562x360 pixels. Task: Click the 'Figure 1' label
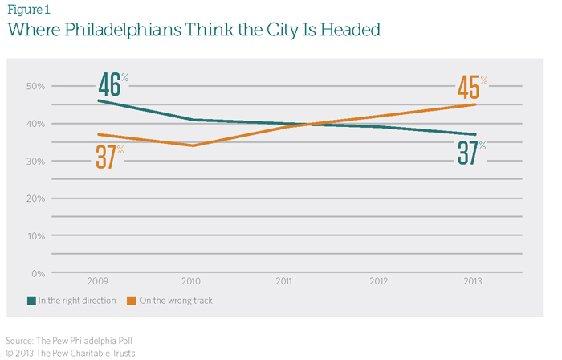[x=26, y=10]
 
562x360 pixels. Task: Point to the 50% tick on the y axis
[x=36, y=86]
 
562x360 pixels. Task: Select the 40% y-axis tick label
[x=36, y=124]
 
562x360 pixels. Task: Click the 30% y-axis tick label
[x=36, y=161]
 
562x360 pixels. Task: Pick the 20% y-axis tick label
[x=36, y=198]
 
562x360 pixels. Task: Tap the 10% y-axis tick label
[x=36, y=236]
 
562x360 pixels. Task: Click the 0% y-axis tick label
[x=39, y=274]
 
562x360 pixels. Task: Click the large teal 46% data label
[x=112, y=84]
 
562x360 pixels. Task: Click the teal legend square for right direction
[x=31, y=301]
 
